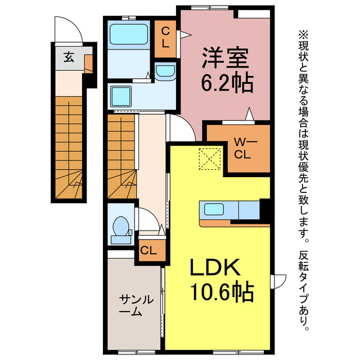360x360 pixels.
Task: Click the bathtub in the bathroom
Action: point(129,34)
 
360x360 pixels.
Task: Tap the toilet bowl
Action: point(121,226)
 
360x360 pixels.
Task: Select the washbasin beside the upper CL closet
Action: point(165,71)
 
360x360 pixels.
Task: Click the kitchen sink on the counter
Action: point(214,209)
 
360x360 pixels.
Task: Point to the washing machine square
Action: point(121,96)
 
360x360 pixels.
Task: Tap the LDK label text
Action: point(215,268)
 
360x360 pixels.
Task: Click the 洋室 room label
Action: point(225,57)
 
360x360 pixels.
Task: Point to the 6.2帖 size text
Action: point(227,83)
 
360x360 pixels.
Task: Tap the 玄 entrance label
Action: point(69,57)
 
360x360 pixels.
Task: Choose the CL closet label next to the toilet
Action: point(148,250)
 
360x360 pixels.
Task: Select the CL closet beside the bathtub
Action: point(165,39)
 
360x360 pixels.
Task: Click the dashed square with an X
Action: point(210,159)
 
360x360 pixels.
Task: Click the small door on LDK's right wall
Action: point(278,281)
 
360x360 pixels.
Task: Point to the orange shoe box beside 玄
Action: point(89,64)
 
